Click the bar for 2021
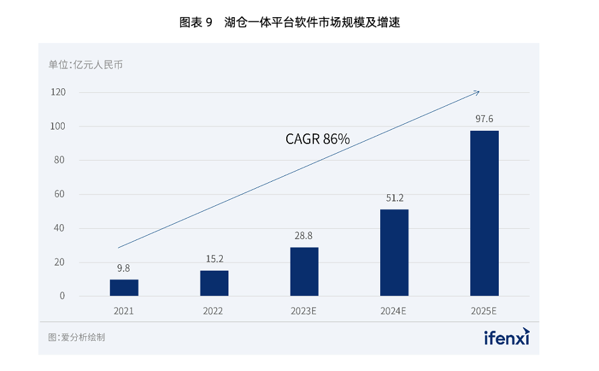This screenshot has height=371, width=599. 124,288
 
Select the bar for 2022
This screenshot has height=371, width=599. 214,283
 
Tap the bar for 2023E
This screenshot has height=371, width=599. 304,272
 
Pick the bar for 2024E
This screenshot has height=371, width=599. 394,253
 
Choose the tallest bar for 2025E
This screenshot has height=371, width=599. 484,213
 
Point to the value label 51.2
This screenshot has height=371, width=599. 394,198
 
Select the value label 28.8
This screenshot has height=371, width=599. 303,236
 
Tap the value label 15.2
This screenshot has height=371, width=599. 214,259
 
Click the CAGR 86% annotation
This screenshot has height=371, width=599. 317,139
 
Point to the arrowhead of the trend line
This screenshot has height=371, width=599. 478,92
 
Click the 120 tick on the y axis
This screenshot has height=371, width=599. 58,93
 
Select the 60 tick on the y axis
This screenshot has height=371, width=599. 59,194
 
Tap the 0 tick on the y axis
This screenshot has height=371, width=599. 62,296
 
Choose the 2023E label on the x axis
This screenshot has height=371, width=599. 304,312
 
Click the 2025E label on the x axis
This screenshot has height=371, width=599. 484,312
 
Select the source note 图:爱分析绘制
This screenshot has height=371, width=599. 76,337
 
